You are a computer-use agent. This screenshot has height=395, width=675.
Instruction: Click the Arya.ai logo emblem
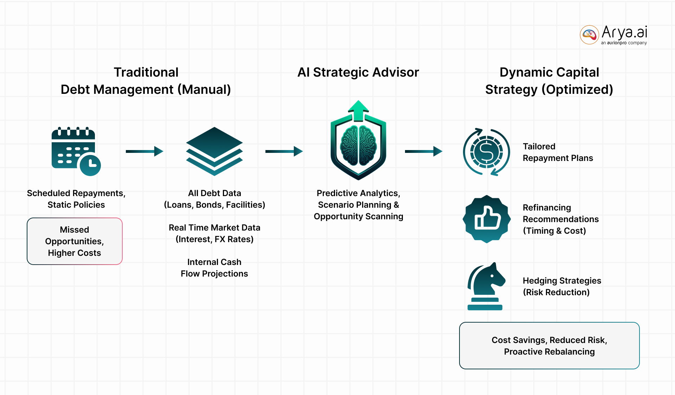click(589, 34)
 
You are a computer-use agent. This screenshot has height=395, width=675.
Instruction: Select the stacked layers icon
click(214, 151)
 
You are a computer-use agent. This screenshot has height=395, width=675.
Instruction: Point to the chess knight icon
click(486, 286)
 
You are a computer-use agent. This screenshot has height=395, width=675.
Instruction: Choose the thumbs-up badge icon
click(487, 219)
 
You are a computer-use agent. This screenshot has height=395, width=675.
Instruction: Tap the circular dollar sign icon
click(487, 152)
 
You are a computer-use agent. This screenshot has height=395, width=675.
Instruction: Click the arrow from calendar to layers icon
click(144, 151)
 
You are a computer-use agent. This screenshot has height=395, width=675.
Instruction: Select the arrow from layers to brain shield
click(284, 151)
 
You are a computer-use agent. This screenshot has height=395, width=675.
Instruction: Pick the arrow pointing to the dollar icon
click(424, 151)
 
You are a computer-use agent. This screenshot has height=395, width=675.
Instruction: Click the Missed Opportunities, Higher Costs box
click(75, 241)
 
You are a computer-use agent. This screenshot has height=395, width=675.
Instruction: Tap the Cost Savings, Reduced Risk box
click(549, 346)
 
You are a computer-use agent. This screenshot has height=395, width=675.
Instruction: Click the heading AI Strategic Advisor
click(358, 72)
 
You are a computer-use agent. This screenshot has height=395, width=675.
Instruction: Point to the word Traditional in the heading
click(146, 72)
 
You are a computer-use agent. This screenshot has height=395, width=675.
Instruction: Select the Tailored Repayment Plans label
click(558, 152)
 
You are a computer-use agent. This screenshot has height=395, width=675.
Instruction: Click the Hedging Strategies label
click(562, 286)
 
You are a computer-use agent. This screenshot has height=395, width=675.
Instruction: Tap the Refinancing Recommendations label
click(560, 219)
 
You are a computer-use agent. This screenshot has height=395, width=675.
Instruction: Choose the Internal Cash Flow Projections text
click(214, 268)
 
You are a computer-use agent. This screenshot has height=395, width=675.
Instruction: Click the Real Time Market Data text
click(214, 233)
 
